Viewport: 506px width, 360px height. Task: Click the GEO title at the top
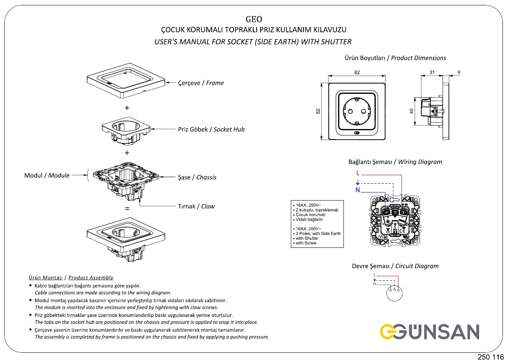[254, 19]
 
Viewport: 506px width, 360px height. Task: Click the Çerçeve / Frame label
[201, 83]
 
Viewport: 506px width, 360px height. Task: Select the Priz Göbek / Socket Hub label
[211, 129]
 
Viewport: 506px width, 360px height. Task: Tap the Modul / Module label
[47, 176]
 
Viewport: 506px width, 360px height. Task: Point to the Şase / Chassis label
[197, 178]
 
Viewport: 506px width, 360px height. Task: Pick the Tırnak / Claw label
[196, 206]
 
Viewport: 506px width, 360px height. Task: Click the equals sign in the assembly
[127, 209]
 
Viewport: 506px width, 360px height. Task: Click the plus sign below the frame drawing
[127, 108]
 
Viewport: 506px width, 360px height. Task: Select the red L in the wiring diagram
[358, 173]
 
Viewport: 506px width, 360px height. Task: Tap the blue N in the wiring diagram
[358, 190]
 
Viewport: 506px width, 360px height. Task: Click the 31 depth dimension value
[432, 73]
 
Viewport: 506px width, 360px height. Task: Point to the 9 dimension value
[459, 73]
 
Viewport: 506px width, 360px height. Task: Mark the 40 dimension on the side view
[411, 111]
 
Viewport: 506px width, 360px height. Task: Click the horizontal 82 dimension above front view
[357, 73]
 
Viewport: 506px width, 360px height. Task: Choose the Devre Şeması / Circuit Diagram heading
[395, 266]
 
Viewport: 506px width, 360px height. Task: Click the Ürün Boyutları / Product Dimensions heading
[395, 58]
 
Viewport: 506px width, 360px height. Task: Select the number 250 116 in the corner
[491, 356]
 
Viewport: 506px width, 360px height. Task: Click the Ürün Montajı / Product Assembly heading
[71, 277]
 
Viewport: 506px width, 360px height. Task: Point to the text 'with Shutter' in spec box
[307, 238]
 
